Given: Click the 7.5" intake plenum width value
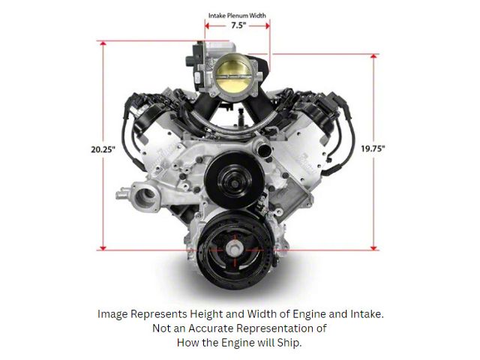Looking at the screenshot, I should tap(237, 24).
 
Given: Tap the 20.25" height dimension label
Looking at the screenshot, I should tap(100, 148).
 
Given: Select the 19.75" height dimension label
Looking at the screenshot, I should tap(373, 148).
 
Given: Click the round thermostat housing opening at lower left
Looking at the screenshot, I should tap(145, 198).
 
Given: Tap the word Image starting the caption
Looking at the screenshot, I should tap(113, 314).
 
